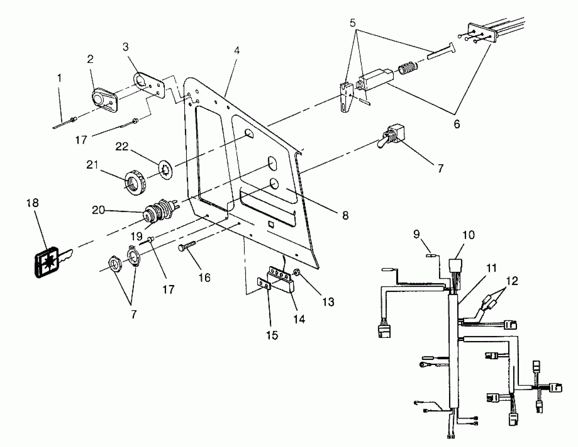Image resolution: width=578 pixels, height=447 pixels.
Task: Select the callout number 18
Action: click(33, 203)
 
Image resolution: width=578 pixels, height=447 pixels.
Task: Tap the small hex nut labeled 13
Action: click(296, 272)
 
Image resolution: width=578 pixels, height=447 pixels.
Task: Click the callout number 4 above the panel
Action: click(237, 50)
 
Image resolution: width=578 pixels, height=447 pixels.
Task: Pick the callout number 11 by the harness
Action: click(492, 268)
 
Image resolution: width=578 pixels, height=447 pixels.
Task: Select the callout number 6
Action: click(457, 124)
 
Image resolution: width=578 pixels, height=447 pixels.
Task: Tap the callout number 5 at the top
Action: click(353, 23)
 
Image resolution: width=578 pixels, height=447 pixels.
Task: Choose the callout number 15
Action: click(272, 335)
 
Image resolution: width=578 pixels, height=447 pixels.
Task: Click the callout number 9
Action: click(416, 234)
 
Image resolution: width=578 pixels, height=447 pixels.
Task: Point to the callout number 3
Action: click(126, 47)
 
